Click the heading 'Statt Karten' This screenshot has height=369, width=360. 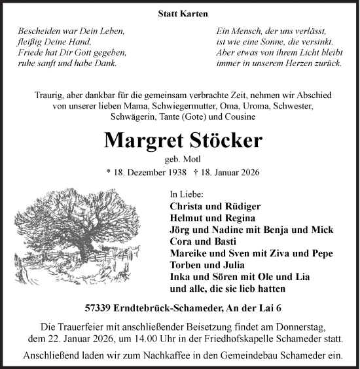point(179,12)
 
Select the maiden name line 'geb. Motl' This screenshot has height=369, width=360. point(179,160)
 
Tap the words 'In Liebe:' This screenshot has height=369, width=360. point(187,195)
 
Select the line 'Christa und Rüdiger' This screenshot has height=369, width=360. point(210,207)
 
